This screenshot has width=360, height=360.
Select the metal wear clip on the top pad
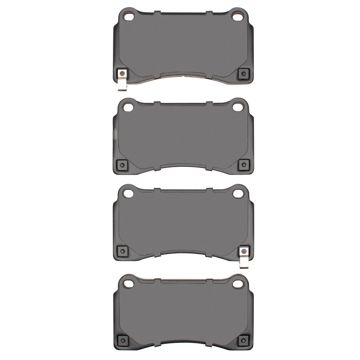121,80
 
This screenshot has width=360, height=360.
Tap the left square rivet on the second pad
121,165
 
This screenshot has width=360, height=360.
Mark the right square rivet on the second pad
243,165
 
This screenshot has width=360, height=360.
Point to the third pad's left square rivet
121,251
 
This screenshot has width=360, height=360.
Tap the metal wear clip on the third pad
243,257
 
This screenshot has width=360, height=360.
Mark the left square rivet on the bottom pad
121,340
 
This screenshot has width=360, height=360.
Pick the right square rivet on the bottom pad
243,340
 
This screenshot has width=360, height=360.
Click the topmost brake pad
182,45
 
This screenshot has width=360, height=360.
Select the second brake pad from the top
182,135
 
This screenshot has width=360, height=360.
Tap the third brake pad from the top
182,223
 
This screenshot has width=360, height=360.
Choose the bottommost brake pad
182,313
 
